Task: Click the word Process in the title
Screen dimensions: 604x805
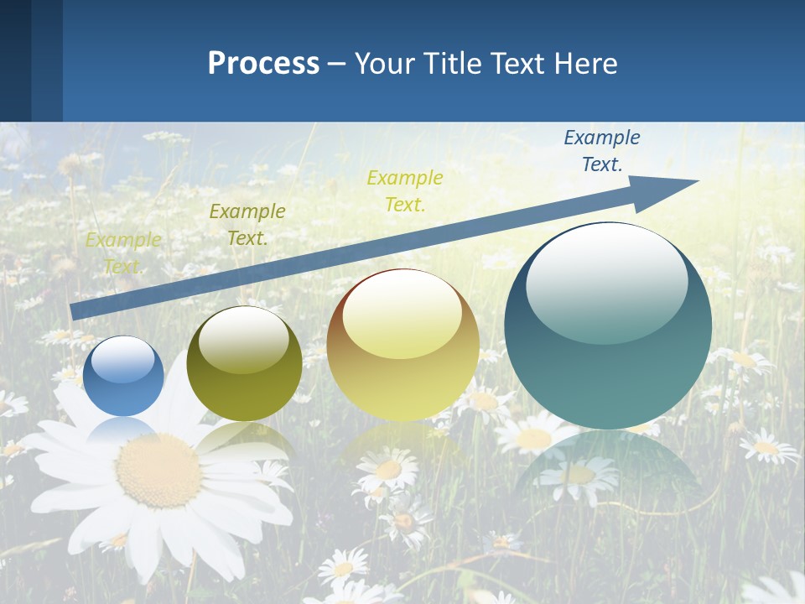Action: (263, 64)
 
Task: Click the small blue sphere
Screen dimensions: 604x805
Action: (124, 376)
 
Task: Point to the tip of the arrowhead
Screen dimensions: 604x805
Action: (698, 180)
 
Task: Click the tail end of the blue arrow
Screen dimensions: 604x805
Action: (74, 311)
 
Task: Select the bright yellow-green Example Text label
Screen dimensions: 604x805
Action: (405, 190)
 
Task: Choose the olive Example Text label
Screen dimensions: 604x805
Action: (247, 224)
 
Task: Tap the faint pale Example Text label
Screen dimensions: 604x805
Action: (123, 253)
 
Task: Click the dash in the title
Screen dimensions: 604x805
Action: (337, 64)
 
